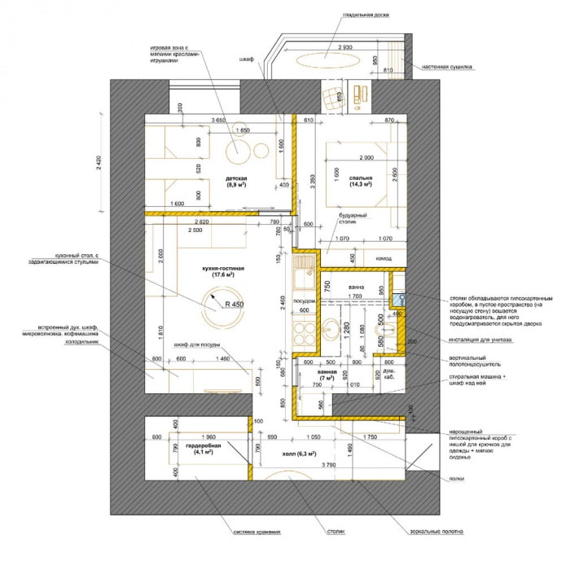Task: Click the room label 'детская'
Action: click(236, 177)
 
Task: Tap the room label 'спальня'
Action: click(361, 177)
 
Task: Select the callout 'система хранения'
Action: click(257, 533)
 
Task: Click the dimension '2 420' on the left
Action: click(99, 163)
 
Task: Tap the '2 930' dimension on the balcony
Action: click(344, 48)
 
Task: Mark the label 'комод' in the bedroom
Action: click(383, 258)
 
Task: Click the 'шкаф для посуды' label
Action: click(194, 345)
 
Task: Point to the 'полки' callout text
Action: click(456, 479)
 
